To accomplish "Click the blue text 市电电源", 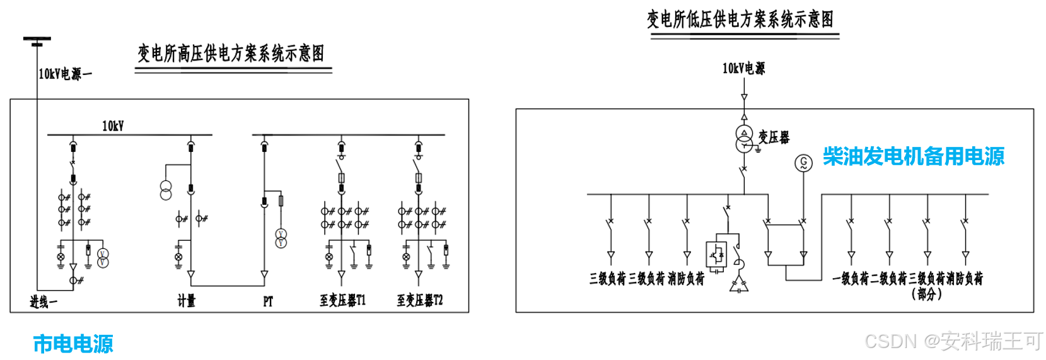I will coord(73,344).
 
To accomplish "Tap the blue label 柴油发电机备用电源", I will coord(913,156).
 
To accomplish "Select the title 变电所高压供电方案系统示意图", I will coord(231,54).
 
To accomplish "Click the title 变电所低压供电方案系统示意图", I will coord(740,20).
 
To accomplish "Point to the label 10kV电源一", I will coord(65,74).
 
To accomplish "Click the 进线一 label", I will coord(43,302).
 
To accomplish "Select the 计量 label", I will coord(186,301).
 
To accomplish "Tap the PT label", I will coord(268,301).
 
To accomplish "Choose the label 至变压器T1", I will coord(342,300).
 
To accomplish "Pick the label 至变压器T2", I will coord(420,300).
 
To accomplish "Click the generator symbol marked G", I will coord(803,163).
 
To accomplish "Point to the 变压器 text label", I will coord(774,137).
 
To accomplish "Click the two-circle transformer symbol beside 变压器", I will coord(744,139).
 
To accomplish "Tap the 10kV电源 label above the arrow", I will coord(743,68).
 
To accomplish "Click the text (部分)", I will coord(926,294).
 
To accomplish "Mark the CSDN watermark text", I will coord(953,341).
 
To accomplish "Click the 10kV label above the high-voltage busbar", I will coord(113,126).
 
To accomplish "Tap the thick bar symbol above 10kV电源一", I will coord(37,41).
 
